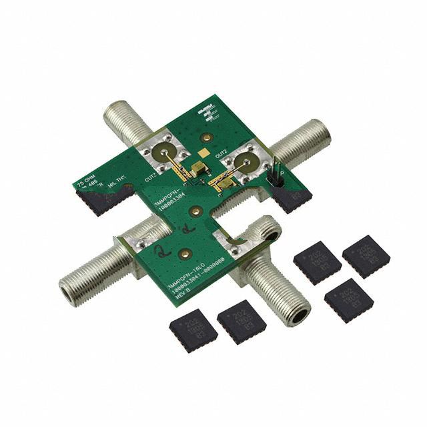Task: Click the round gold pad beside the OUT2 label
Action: [245, 161]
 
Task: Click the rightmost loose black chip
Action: [366, 256]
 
